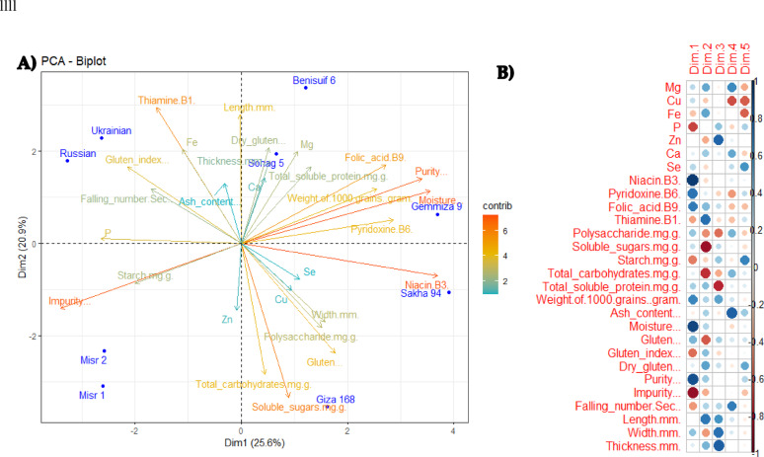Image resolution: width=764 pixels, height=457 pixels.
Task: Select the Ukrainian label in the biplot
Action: click(112, 130)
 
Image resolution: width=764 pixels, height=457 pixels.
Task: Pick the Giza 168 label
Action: click(336, 400)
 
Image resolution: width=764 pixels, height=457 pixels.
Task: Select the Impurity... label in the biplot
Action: click(69, 301)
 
